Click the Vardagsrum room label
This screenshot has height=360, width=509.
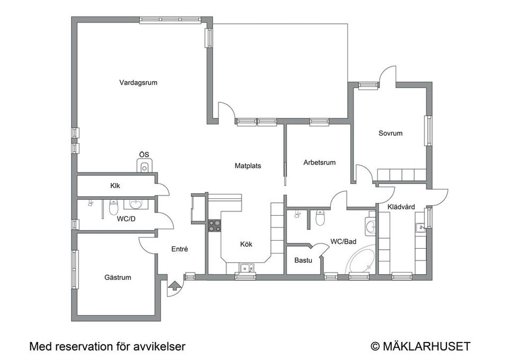pyautogui.click(x=138, y=83)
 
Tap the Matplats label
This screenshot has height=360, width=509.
pyautogui.click(x=248, y=166)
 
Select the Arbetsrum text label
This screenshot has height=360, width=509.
pyautogui.click(x=319, y=163)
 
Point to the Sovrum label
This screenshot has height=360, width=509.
pyautogui.click(x=390, y=134)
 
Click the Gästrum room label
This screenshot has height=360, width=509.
pyautogui.click(x=117, y=277)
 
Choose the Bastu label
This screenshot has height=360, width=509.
pyautogui.click(x=303, y=261)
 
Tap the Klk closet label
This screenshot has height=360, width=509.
pyautogui.click(x=115, y=186)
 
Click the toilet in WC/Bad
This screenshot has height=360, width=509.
pyautogui.click(x=320, y=217)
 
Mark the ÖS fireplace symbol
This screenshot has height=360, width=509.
pyautogui.click(x=144, y=167)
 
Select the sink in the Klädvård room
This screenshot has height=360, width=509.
pyautogui.click(x=421, y=229)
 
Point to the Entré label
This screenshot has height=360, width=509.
pyautogui.click(x=180, y=249)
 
